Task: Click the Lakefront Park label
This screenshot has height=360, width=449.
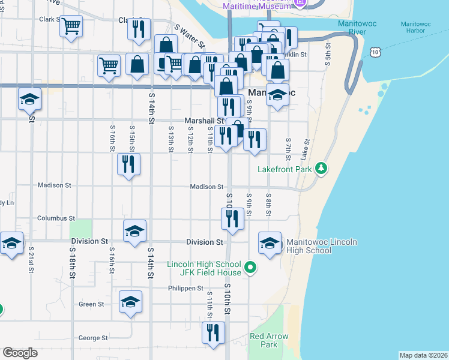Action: (x=286, y=169)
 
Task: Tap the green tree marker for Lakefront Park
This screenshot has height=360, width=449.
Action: (x=322, y=167)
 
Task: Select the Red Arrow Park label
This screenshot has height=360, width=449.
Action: (x=268, y=340)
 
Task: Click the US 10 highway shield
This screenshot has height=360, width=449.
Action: (x=375, y=53)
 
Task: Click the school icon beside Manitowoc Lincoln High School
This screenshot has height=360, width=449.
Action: (x=270, y=243)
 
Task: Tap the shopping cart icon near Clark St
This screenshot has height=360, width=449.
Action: (x=71, y=26)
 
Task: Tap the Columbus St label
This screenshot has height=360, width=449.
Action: (x=56, y=218)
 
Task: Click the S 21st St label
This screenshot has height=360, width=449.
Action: (x=31, y=259)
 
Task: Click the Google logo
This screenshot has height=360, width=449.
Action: (x=20, y=352)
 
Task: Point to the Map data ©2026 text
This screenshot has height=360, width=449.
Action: (x=423, y=355)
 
